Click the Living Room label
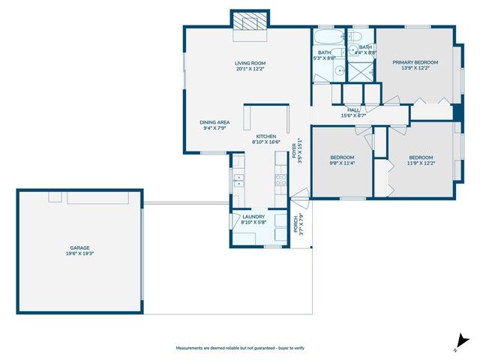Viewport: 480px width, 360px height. tap(250, 63)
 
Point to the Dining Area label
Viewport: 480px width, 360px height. tap(214, 122)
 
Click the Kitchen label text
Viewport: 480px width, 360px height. tap(265, 136)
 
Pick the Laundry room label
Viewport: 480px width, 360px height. tap(254, 217)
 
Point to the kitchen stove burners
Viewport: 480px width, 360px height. tap(281, 179)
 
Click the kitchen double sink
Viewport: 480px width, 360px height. tap(238, 180)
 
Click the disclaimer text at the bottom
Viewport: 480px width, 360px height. tap(239, 348)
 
